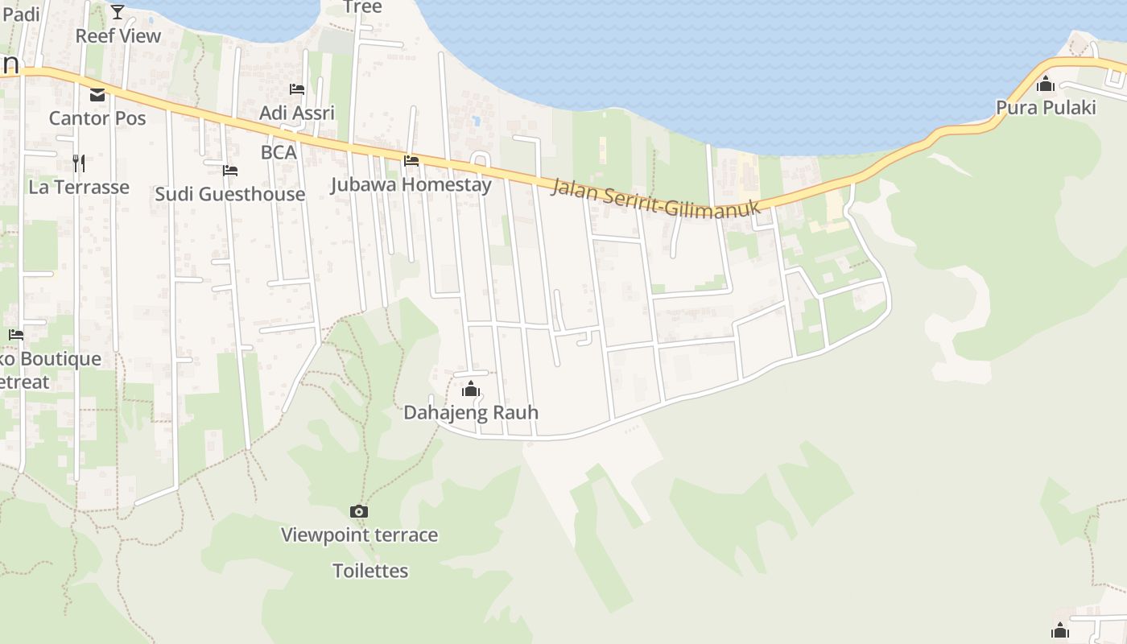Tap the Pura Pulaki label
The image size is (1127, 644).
pos(1046,107)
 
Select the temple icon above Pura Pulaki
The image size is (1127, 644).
pos(1046,83)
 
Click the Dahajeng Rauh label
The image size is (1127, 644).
pos(471,413)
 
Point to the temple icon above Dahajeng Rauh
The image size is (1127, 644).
pos(471,390)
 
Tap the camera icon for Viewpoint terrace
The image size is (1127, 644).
pos(359,511)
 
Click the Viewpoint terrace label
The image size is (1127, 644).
pos(359,535)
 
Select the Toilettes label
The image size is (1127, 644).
pos(370,571)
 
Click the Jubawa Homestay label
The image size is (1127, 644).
pos(411,184)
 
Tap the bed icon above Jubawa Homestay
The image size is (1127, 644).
pos(411,161)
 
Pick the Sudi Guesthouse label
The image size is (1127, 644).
pos(229,194)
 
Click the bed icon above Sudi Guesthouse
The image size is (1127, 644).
pos(230,171)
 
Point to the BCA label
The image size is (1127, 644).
pos(279,152)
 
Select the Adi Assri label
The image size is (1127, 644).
pos(297,113)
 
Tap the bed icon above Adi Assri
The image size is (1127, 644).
pos(297,89)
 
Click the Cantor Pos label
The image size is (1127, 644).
pos(97,118)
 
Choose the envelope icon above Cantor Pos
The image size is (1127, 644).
pos(97,95)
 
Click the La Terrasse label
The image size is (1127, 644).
pos(79,187)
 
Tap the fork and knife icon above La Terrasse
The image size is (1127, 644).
pos(79,163)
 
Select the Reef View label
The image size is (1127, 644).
pos(118,35)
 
